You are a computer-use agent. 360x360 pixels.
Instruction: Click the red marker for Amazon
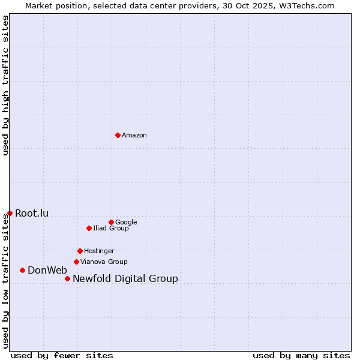[118, 135]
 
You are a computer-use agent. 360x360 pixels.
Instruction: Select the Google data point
[111, 222]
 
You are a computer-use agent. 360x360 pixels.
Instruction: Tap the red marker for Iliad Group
[89, 228]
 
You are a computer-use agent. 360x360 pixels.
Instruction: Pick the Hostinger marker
[80, 251]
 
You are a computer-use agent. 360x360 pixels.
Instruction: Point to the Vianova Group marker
[76, 262]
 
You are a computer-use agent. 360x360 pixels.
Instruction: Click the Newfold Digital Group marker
[67, 278]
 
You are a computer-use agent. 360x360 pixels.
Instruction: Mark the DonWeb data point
[22, 270]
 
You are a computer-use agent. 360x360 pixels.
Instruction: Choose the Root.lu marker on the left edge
[10, 213]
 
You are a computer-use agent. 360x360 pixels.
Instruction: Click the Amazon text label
[134, 135]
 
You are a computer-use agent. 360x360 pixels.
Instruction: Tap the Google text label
[126, 222]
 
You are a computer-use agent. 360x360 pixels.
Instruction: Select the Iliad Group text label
[111, 228]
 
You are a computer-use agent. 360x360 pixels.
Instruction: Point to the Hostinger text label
[99, 251]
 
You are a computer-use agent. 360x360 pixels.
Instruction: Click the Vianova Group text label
[104, 262]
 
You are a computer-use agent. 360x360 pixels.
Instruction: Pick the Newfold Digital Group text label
[125, 278]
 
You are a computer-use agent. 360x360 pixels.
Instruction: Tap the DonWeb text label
[47, 270]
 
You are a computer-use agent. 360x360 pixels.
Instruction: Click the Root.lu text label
[32, 213]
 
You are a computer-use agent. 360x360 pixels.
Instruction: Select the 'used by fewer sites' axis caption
[62, 355]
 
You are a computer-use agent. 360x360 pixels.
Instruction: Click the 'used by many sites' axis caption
[301, 355]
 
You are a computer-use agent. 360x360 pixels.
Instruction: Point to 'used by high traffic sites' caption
[5, 85]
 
